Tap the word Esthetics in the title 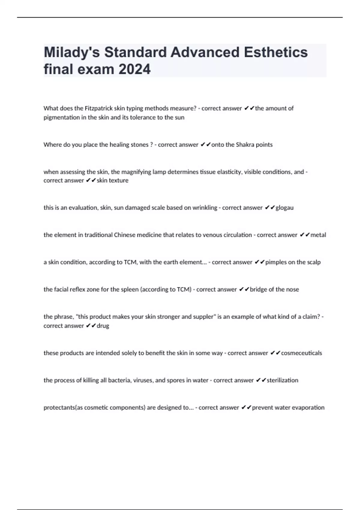click(276, 52)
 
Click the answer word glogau click(284, 208)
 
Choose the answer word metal click(318, 235)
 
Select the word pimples click(276, 262)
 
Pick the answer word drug click(103, 326)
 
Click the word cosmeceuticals click(301, 353)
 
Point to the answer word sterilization click(282, 380)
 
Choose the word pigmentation click(61, 117)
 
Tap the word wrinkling click(205, 208)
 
